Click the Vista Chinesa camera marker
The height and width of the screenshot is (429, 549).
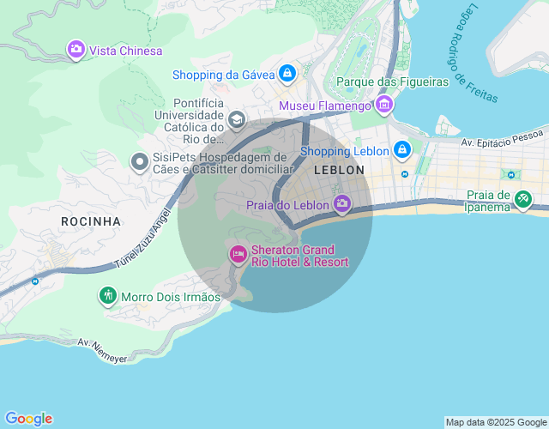click(x=76, y=50)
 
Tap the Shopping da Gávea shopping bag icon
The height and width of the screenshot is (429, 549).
click(x=287, y=74)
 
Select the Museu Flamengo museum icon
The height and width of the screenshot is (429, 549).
click(x=383, y=106)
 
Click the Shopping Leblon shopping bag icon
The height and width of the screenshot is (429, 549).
click(x=401, y=151)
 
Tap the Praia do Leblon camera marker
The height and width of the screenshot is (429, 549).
click(x=342, y=204)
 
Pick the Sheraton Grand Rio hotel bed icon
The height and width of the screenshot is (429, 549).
click(x=238, y=254)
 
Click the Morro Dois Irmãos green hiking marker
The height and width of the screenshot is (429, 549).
click(x=107, y=296)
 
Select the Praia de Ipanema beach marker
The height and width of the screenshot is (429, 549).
click(x=522, y=200)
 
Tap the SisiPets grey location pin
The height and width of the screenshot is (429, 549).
click(x=139, y=161)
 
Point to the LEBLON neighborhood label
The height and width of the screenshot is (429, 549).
click(x=339, y=171)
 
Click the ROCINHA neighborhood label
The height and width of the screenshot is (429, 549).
click(x=91, y=221)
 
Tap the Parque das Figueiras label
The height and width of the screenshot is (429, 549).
click(x=393, y=82)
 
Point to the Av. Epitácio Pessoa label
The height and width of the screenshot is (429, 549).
click(x=502, y=138)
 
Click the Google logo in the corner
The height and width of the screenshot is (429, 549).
click(x=28, y=419)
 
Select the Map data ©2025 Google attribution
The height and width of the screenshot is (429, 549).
click(x=495, y=422)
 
